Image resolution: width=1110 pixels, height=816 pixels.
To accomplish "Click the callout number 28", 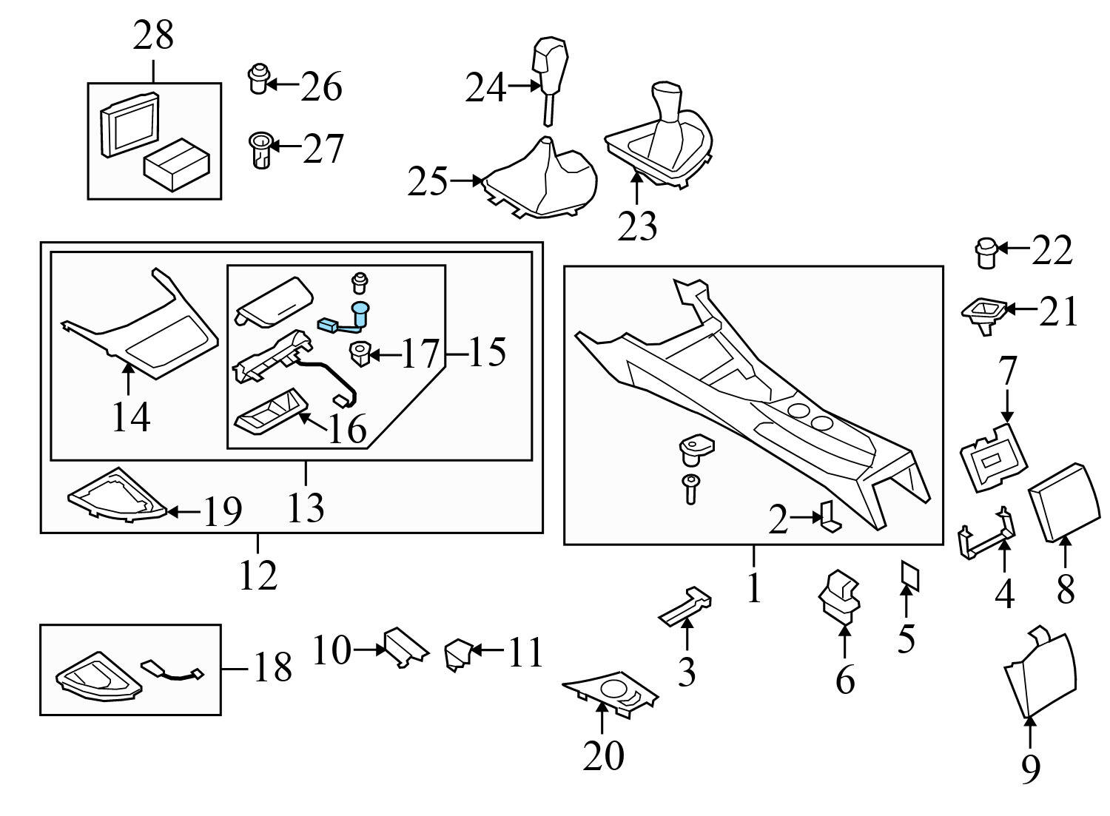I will (x=153, y=36).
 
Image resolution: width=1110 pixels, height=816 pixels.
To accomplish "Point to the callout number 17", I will (x=420, y=354).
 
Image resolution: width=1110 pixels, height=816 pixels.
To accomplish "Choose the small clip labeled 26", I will (x=257, y=79).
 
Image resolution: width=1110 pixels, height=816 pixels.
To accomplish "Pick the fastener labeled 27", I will (x=258, y=150).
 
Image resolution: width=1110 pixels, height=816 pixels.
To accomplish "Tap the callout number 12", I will (x=258, y=574).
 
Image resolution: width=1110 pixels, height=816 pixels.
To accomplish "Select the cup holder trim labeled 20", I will (x=610, y=693).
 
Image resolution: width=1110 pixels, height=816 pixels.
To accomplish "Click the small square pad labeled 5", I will (x=909, y=576).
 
